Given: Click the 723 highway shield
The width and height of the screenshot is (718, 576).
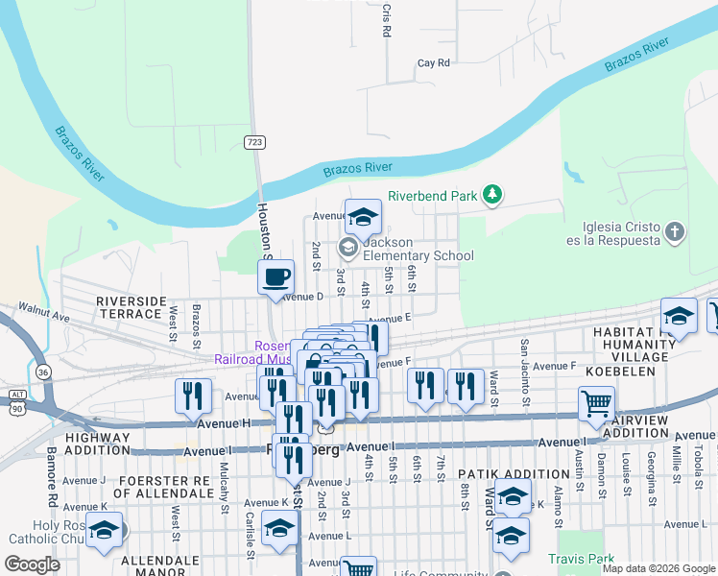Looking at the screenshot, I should (254, 142).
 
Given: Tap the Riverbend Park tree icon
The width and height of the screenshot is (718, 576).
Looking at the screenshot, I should (492, 195).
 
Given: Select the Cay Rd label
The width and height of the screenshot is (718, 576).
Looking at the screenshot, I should (433, 63).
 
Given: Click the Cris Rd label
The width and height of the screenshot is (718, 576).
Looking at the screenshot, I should (386, 20).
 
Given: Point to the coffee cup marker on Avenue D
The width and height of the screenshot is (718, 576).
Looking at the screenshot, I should (276, 278).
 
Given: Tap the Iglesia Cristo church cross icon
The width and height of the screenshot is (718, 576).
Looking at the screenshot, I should (676, 231).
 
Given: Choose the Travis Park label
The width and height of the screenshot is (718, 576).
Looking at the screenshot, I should (581, 558).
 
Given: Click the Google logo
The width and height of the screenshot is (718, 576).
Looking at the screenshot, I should (33, 564).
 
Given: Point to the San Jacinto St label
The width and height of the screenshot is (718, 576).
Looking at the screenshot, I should (524, 360).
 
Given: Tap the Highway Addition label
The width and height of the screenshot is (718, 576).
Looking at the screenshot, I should (97, 444).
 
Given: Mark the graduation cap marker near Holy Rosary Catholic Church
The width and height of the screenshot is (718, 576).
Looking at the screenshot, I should (104, 531).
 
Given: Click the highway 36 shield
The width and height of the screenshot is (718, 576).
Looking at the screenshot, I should (42, 372).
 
